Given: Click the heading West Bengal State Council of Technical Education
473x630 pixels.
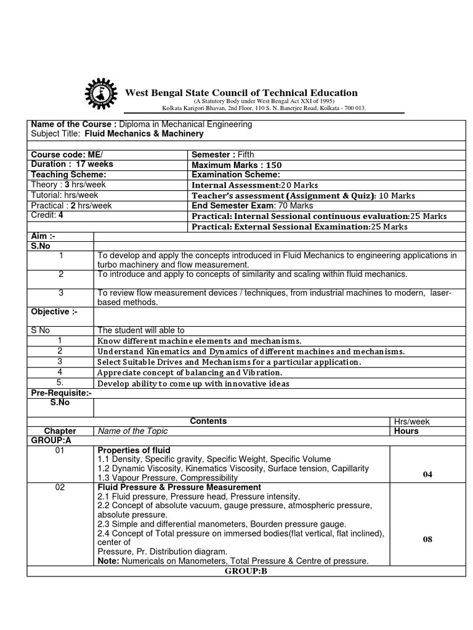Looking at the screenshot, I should [x=241, y=93].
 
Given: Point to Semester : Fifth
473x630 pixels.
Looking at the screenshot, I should [x=223, y=155].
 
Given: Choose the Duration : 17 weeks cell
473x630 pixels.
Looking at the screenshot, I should [x=72, y=164].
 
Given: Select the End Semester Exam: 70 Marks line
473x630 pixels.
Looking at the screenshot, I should [x=253, y=205].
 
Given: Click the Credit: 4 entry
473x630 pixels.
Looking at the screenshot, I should [x=47, y=215].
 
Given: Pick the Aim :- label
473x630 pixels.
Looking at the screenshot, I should [x=42, y=236].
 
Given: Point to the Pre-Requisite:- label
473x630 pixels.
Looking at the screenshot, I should [x=61, y=393].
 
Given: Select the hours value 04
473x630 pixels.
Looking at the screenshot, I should [x=427, y=474].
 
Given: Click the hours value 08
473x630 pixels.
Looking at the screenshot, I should [x=427, y=540].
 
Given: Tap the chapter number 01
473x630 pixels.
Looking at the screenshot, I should [x=60, y=450].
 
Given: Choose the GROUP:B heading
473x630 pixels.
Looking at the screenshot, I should [x=246, y=570].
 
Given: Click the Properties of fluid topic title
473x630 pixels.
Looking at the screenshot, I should [x=134, y=450].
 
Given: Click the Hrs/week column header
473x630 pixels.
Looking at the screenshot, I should [x=412, y=421].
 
